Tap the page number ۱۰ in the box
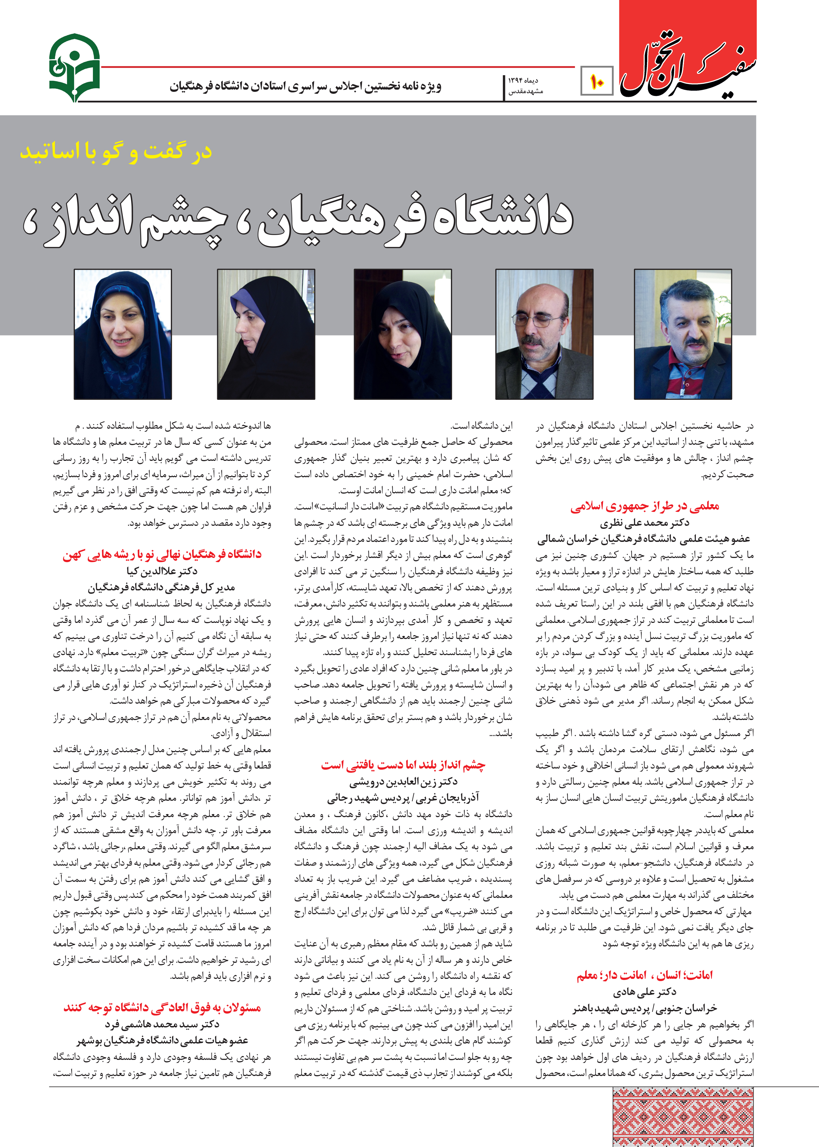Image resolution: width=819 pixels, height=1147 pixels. (x=597, y=81)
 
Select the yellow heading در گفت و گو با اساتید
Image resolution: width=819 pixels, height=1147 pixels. (x=116, y=151)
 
